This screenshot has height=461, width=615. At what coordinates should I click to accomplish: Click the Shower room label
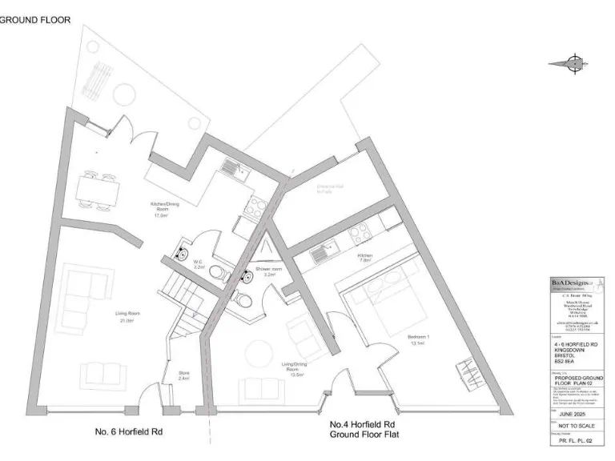coord(269,271)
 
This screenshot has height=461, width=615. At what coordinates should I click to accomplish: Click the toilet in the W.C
coord(216,271)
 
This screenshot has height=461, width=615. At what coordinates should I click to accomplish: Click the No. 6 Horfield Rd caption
coord(129,431)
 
